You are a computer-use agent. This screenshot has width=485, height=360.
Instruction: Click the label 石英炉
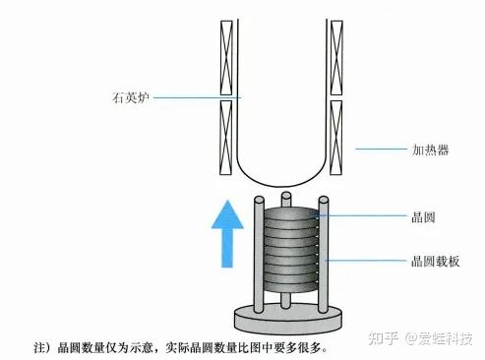pos(131,97)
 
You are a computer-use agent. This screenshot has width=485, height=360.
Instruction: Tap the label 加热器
pos(430,150)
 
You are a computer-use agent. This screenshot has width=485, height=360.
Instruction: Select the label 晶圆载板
pos(435,262)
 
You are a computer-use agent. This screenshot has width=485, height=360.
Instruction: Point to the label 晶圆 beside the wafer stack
pos(423,217)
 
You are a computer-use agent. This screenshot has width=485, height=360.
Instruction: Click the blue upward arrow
pos(227,234)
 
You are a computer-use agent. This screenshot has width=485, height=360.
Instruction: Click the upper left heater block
pos(226,58)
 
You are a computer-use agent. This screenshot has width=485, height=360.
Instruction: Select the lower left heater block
pos(226,137)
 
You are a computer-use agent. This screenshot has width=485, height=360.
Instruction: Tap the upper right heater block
pos(336,58)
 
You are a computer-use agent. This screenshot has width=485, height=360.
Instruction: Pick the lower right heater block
pos(336,137)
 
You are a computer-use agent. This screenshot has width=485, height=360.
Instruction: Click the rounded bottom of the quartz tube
pos(281,185)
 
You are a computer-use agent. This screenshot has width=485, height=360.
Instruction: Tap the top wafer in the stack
pos(290,213)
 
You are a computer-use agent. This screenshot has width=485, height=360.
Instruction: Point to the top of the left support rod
pos(259,200)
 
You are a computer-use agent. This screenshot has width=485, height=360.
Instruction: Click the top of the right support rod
pos(324,200)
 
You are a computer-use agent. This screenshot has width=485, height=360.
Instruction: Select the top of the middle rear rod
pos(286,196)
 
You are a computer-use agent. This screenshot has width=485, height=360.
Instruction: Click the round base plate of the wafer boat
pos(288,319)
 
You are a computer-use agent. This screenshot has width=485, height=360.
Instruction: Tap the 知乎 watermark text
pos(383,338)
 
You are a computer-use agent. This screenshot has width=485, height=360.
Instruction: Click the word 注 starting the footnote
pos(40,347)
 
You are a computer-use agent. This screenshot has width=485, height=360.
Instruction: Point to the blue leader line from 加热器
pos(381,149)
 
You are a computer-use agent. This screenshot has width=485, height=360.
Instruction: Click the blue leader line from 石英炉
pos(198,97)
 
